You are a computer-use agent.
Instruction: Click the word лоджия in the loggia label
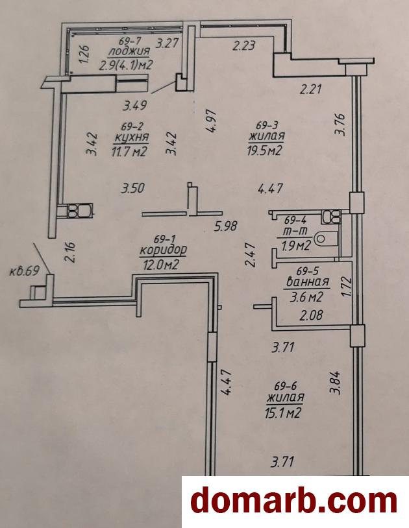[x=129, y=51]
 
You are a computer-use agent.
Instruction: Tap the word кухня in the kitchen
[x=132, y=138]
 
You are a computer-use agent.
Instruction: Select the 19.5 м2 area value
[x=265, y=150]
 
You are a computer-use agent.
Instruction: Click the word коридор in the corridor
[x=163, y=250]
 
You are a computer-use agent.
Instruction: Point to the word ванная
[x=307, y=282]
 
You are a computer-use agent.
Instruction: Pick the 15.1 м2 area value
[x=283, y=412]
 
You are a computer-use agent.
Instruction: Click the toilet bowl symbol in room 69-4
[x=326, y=239]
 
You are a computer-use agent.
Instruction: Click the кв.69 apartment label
[x=24, y=271]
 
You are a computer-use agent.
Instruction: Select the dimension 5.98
[x=226, y=226]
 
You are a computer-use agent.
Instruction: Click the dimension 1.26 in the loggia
[x=84, y=54]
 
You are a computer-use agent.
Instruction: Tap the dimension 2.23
[x=244, y=45]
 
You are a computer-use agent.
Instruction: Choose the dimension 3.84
[x=336, y=382]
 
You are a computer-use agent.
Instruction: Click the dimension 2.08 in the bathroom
[x=312, y=315]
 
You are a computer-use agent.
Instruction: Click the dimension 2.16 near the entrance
[x=71, y=252]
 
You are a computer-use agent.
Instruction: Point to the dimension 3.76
[x=340, y=125]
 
